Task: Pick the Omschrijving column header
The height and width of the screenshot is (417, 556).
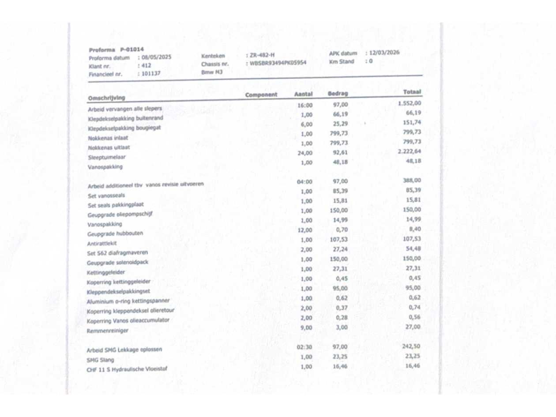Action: tap(106, 98)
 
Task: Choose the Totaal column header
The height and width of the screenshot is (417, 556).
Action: tap(412, 92)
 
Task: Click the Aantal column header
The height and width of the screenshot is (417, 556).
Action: tap(303, 94)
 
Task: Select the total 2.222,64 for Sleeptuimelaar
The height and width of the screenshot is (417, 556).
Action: tap(409, 151)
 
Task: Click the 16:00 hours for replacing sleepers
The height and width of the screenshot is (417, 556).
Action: tap(305, 105)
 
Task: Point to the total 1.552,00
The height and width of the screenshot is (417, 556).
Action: tap(409, 103)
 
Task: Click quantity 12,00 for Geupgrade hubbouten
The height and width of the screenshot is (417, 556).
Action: tap(305, 230)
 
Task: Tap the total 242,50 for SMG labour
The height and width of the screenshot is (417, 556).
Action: tap(411, 346)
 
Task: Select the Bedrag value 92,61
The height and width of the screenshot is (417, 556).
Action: tap(340, 153)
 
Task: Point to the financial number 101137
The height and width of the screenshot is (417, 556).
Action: tap(151, 74)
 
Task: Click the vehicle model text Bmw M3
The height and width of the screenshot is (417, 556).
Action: tap(212, 72)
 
